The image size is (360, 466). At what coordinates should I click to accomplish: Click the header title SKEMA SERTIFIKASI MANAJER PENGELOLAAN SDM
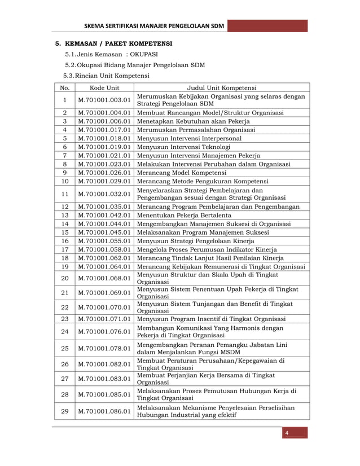point(154,27)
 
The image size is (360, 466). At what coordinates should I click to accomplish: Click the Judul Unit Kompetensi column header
point(222,87)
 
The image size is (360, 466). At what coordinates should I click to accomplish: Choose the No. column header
point(65,87)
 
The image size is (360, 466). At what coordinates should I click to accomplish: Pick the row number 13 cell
point(65,215)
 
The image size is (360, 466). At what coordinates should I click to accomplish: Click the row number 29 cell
point(65,411)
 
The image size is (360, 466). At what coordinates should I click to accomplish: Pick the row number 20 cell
point(65,278)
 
